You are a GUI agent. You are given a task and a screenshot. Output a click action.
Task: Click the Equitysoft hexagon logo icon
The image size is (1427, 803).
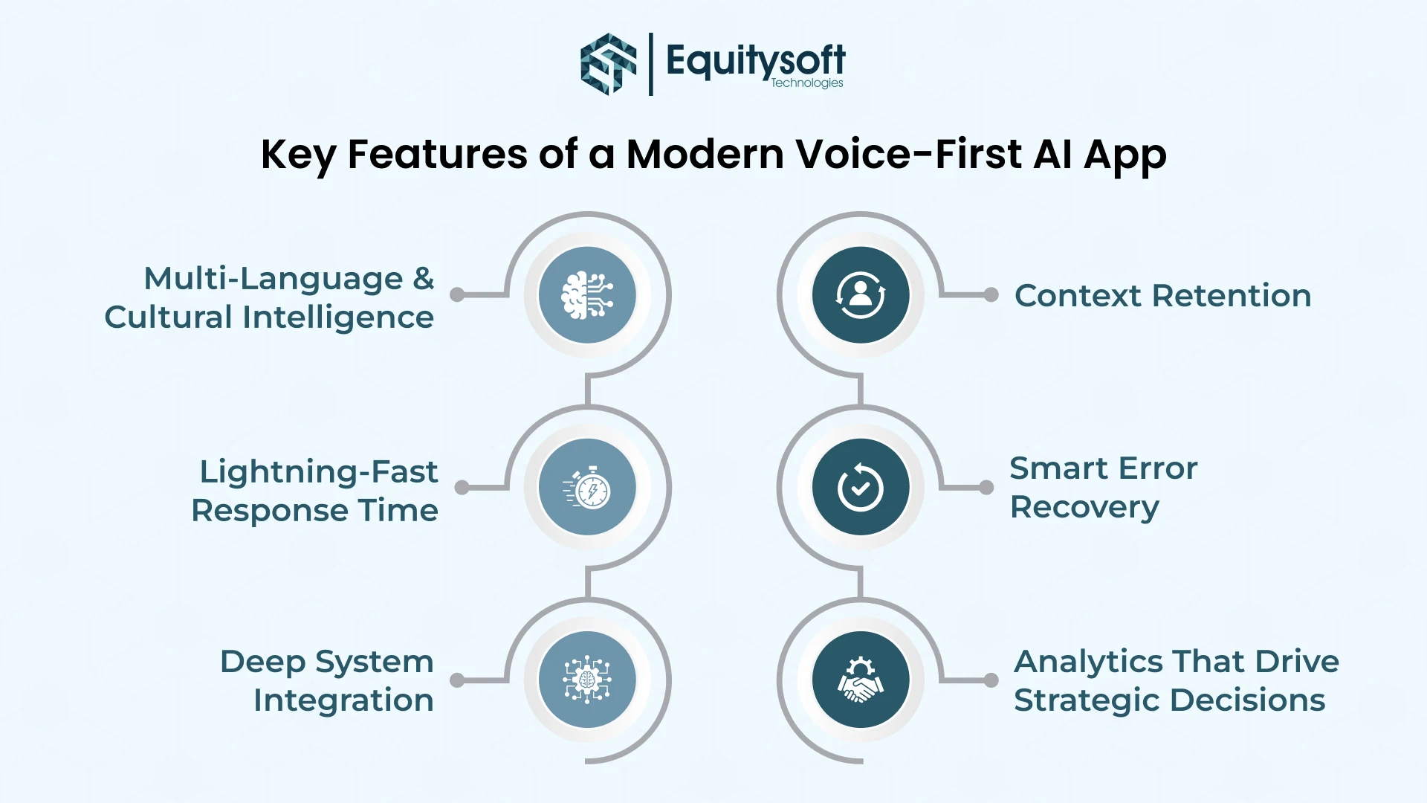point(608,64)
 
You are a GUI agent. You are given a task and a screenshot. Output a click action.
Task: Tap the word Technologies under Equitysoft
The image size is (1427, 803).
point(806,83)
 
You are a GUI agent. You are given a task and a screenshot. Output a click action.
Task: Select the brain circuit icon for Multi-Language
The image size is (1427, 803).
point(587,295)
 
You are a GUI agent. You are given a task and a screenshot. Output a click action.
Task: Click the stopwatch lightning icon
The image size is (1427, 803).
point(587,488)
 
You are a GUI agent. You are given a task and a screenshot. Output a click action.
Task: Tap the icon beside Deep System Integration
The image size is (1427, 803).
point(587,680)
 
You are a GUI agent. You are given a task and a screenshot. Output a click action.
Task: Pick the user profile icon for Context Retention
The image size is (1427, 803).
point(861,295)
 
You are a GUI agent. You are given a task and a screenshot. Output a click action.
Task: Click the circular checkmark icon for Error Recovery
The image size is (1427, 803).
point(861,488)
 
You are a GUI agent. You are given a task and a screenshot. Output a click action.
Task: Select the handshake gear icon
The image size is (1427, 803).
point(861,680)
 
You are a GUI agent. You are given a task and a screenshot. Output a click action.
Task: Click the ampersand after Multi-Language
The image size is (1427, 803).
point(424,279)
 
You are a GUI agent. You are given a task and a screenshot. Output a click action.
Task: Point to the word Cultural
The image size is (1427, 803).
point(169,317)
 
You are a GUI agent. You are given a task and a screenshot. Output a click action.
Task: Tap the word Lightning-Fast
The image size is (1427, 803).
point(319,472)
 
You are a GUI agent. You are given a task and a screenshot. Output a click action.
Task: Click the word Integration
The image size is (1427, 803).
point(343,700)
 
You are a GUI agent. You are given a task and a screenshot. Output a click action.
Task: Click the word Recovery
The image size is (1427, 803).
point(1084,508)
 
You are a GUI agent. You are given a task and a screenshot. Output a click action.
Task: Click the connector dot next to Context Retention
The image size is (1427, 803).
point(991,295)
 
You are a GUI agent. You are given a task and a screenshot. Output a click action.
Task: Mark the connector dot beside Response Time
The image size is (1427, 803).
point(462,488)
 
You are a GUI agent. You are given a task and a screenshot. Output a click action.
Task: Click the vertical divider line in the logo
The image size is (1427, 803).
point(651,64)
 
